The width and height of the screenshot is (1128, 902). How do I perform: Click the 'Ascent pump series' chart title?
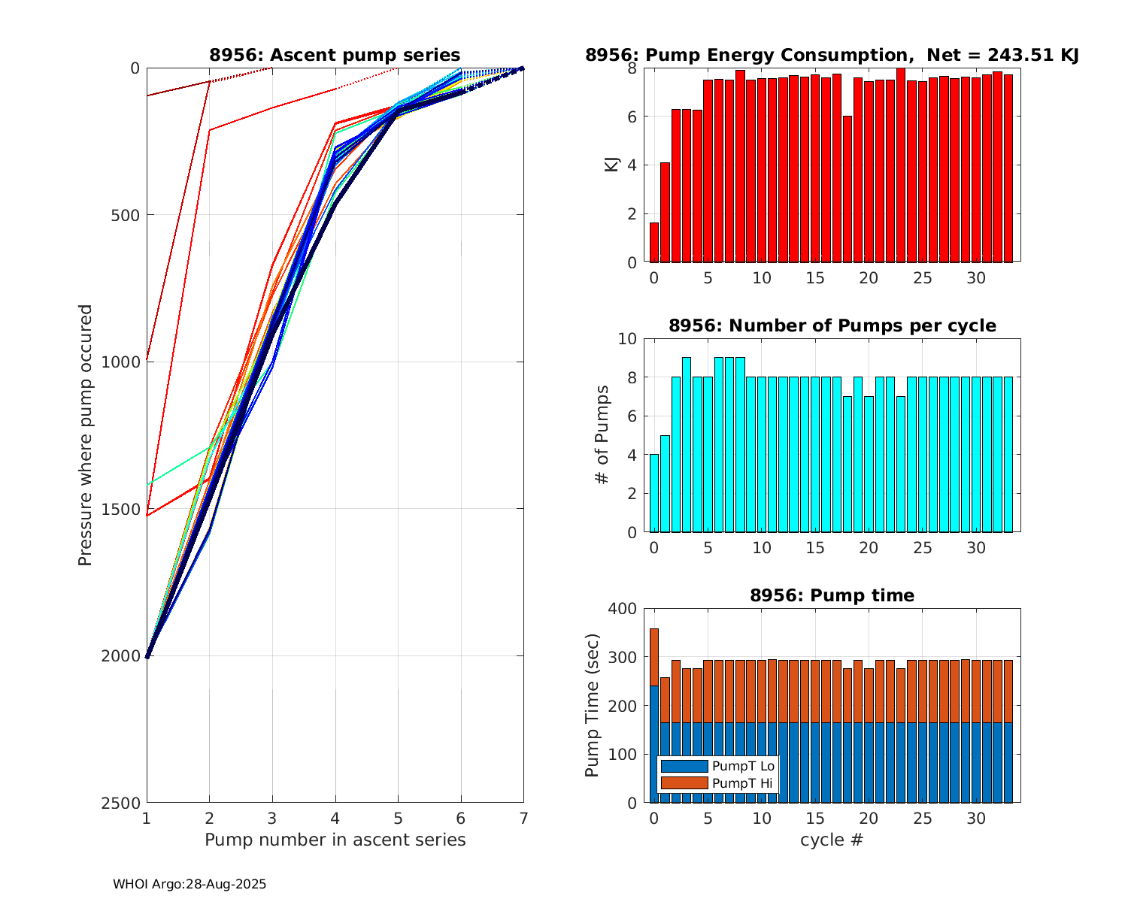click(335, 55)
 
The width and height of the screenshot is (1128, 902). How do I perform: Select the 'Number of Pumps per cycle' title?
click(832, 325)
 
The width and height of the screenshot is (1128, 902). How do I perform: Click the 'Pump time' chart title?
click(832, 595)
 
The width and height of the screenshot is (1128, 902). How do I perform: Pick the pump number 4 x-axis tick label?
click(335, 818)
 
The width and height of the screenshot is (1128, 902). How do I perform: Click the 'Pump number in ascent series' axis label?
click(335, 840)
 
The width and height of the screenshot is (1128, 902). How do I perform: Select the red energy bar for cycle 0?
click(654, 242)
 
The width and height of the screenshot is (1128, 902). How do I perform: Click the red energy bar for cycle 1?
click(665, 212)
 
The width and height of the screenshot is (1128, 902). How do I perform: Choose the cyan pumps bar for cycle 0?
click(654, 493)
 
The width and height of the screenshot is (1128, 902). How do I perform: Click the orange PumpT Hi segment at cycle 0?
click(654, 657)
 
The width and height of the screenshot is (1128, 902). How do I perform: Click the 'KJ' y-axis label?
click(612, 164)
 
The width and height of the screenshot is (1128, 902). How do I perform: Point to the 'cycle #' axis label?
click(832, 840)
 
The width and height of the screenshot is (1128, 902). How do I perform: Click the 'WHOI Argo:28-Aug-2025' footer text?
click(190, 885)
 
